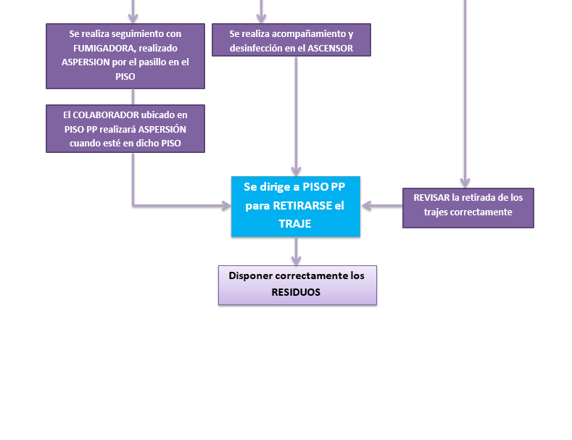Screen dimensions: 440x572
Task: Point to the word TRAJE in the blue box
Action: coord(295,224)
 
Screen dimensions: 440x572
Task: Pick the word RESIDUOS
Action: coord(296,292)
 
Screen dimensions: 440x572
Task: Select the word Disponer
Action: coord(252,275)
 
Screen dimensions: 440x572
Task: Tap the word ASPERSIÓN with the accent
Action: coord(162,129)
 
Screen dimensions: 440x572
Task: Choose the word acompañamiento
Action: coord(312,33)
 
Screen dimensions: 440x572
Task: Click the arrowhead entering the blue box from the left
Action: coord(225,206)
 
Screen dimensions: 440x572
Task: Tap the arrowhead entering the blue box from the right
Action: coord(366,206)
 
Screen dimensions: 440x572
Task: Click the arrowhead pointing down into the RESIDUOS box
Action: coord(296,260)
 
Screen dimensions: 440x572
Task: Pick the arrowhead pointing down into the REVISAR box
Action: coord(465,183)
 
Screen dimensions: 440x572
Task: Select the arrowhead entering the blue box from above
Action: coord(296,171)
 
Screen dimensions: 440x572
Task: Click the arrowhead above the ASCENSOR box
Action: coord(261,18)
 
